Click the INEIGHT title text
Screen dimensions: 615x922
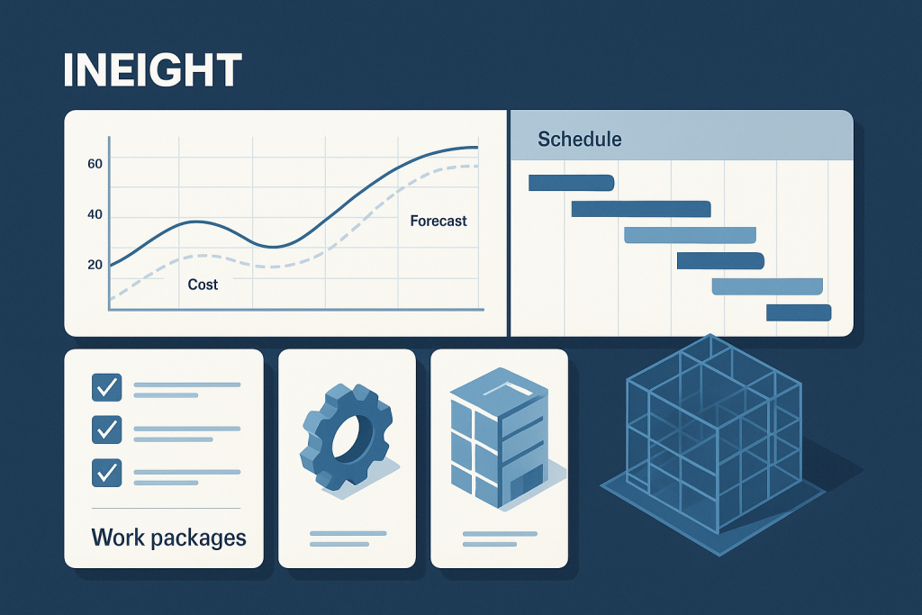tap(152, 71)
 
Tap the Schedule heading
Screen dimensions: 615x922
tap(579, 140)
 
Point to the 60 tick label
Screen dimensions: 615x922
tap(95, 164)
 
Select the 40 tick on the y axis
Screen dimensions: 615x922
tap(95, 215)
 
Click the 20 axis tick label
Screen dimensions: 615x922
tap(95, 265)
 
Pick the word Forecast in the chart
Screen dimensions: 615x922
tap(438, 221)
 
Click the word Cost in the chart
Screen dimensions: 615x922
tap(203, 285)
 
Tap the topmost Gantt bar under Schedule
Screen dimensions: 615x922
tap(571, 184)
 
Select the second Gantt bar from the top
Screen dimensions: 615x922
tap(640, 210)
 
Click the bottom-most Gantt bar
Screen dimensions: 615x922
tap(798, 312)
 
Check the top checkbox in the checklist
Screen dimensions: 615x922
tap(107, 387)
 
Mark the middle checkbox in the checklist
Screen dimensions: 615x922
tap(107, 430)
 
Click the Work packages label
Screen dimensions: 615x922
tap(168, 538)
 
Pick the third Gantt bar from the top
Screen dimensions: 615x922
tap(690, 236)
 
